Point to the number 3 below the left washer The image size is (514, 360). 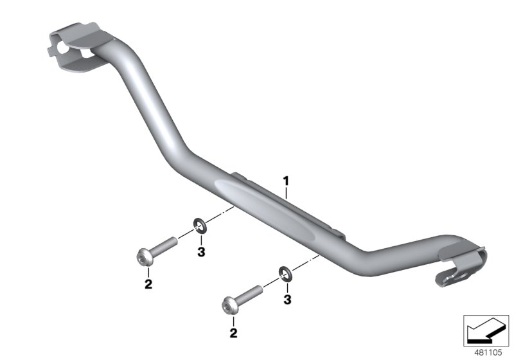click(201, 253)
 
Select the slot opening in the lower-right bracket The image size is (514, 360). click(450, 277)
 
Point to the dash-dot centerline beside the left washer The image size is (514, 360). click(218, 215)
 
